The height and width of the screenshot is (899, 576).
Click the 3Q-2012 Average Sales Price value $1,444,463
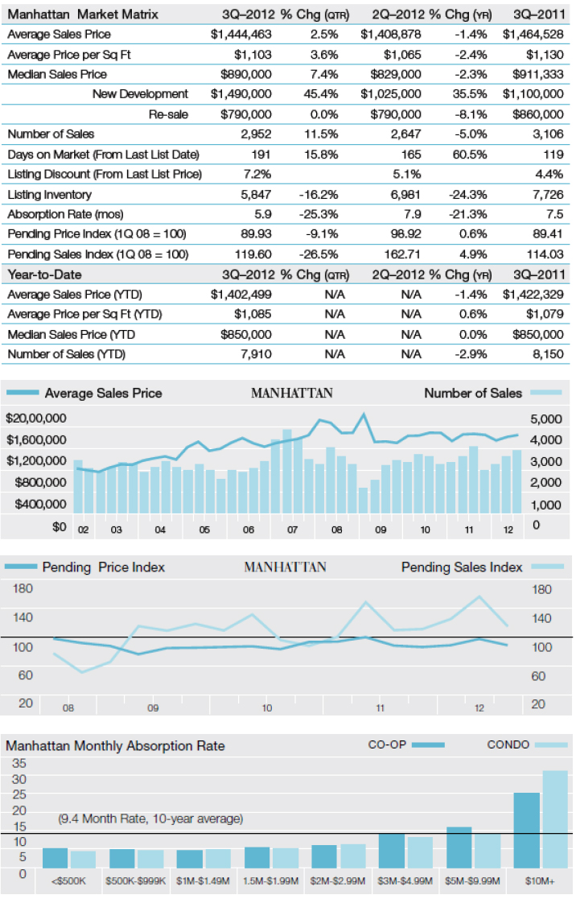(x=241, y=35)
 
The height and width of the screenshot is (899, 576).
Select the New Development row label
(x=140, y=94)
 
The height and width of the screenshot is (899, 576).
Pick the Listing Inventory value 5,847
(x=256, y=194)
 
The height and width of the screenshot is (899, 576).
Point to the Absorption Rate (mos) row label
(x=65, y=214)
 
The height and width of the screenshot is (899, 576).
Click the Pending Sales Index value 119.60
(x=253, y=254)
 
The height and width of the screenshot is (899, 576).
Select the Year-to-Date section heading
(x=44, y=274)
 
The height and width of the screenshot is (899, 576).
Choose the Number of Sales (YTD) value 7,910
(x=256, y=354)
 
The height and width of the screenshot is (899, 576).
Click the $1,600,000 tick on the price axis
(x=36, y=439)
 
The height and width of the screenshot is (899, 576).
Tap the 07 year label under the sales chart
(x=292, y=530)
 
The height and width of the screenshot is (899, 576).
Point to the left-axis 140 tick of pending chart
(x=23, y=617)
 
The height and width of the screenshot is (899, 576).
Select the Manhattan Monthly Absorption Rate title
(x=115, y=746)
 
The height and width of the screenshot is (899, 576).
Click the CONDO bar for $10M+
(x=555, y=819)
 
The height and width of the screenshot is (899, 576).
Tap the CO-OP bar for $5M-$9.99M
(x=459, y=847)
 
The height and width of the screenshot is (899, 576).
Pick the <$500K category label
(x=68, y=880)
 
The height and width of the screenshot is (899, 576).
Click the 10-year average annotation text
(x=150, y=819)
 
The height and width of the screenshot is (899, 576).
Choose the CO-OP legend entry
(x=406, y=744)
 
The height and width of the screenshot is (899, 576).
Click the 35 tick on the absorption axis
(x=19, y=763)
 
